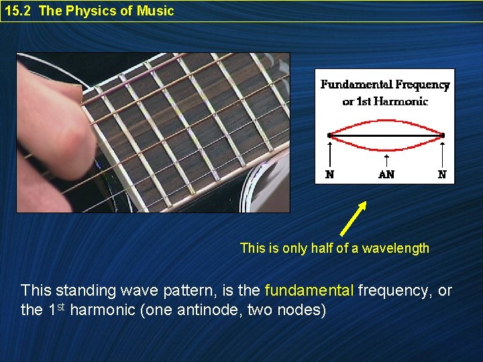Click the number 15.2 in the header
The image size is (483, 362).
(x=18, y=11)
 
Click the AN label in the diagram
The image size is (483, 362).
(x=386, y=174)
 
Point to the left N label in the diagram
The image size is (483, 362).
(x=329, y=174)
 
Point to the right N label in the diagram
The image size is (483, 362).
(x=442, y=174)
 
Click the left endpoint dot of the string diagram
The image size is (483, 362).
(x=329, y=135)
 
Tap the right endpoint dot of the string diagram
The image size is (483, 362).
(x=442, y=135)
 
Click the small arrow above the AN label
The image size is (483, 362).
(x=386, y=160)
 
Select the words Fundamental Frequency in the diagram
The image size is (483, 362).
(x=385, y=84)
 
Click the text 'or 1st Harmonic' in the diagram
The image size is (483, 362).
(x=385, y=101)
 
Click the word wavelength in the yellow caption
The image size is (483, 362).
(x=396, y=248)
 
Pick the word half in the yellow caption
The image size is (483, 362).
(x=323, y=248)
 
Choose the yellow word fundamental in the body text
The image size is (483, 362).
(x=309, y=290)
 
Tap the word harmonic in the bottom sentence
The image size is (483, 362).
(x=104, y=311)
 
